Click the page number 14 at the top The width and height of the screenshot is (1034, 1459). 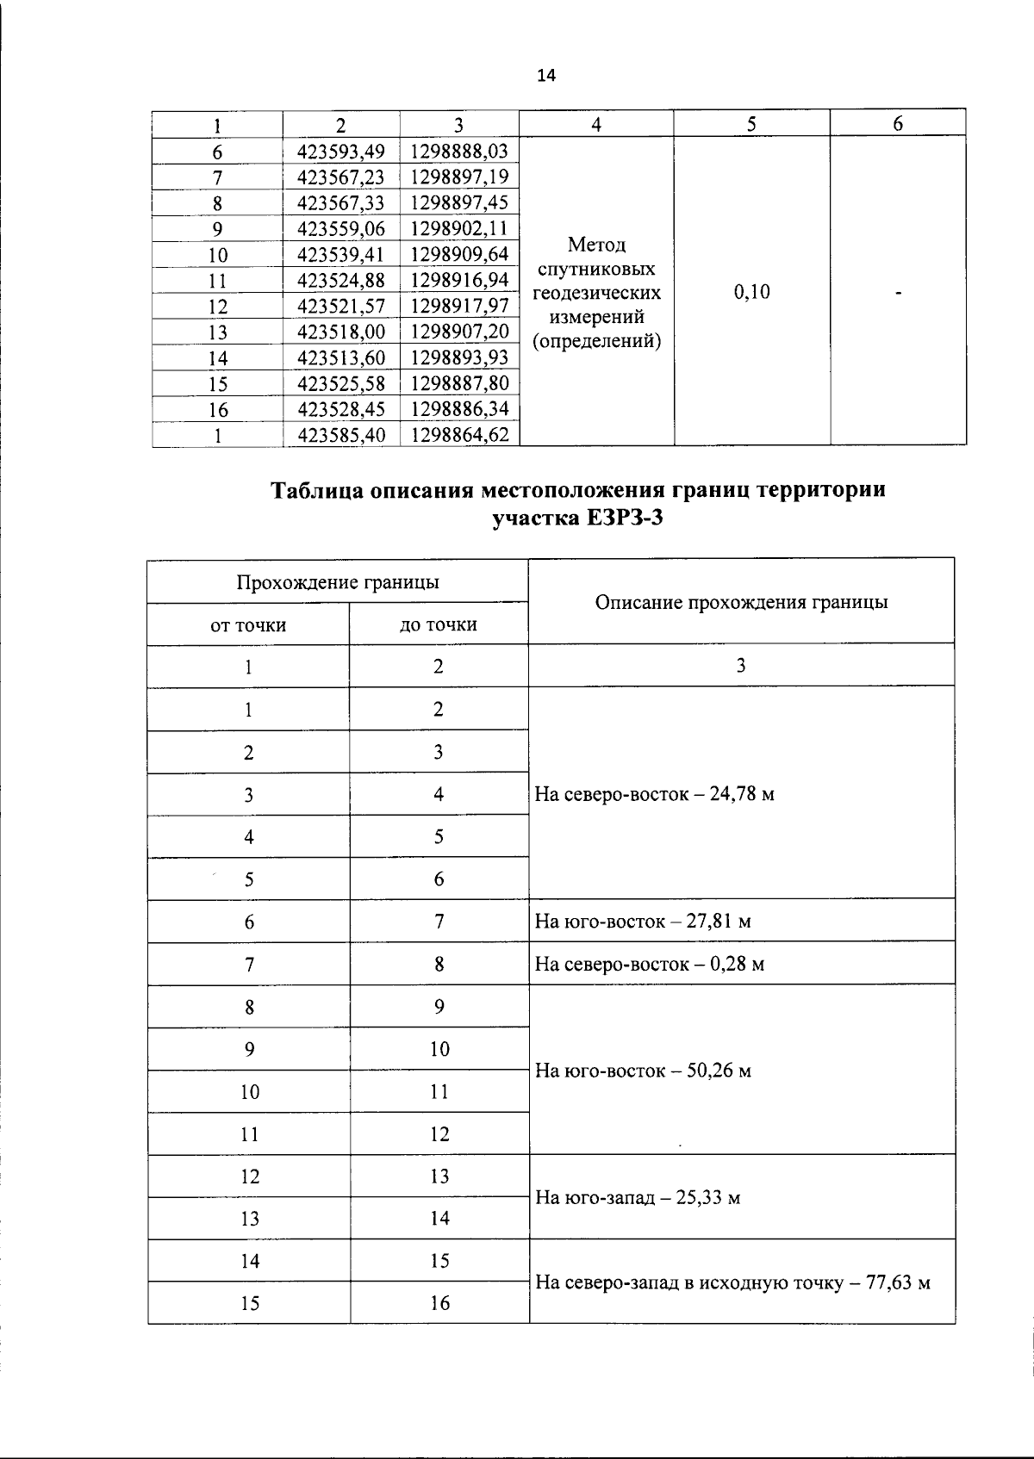(546, 76)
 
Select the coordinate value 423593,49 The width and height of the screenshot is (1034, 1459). (341, 152)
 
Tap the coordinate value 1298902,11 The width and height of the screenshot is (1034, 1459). (459, 229)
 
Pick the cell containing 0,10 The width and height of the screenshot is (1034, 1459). (751, 292)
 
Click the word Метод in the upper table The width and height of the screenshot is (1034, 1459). (597, 245)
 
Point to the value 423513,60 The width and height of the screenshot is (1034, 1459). (341, 357)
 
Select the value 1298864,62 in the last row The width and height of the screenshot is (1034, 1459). (459, 435)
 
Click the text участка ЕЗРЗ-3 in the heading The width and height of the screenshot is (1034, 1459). (578, 519)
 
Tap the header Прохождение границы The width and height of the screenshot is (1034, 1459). (338, 582)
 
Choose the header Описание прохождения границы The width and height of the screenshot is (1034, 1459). (741, 602)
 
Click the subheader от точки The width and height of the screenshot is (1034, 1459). (248, 625)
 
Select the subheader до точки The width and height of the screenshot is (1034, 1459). (438, 625)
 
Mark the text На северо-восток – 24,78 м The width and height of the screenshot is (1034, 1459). (654, 794)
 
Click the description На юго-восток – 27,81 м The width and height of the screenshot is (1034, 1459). (643, 922)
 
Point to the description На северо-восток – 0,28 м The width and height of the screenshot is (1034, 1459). (650, 964)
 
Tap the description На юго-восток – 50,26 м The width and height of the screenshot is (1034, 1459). (643, 1071)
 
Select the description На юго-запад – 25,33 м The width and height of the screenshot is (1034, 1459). (638, 1198)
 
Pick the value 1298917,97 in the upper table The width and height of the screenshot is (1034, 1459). (459, 307)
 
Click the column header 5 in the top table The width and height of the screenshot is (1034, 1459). (751, 124)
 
